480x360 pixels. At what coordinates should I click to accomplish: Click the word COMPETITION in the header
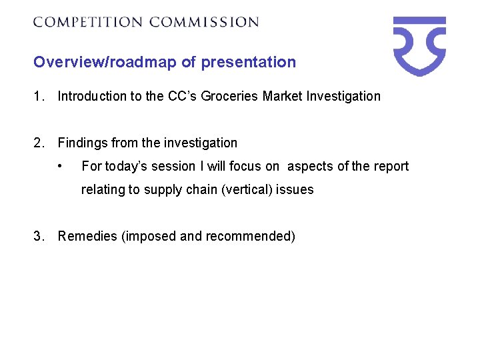[88, 22]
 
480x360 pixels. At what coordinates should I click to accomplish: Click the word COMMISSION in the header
[204, 22]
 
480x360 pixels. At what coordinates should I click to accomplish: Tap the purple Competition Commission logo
[419, 45]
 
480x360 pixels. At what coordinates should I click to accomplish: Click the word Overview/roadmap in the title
[105, 63]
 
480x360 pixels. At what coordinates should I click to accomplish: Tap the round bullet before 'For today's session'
[61, 166]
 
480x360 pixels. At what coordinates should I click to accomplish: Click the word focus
[245, 166]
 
